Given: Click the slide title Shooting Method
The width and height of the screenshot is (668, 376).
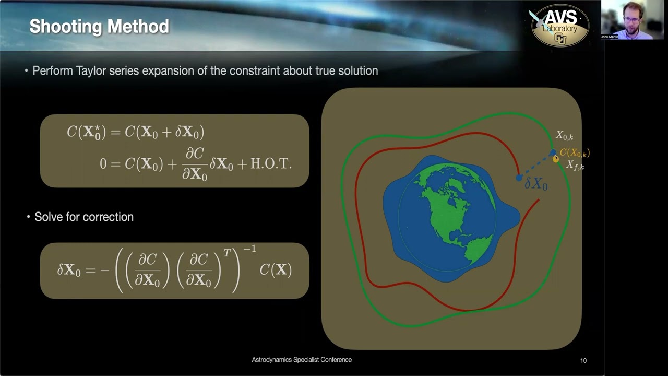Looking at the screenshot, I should click(99, 27).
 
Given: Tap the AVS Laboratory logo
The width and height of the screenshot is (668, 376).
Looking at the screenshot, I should click(560, 26).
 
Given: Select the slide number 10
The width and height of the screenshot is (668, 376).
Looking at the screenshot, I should click(583, 360).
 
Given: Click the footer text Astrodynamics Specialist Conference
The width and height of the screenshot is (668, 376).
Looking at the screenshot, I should click(302, 360).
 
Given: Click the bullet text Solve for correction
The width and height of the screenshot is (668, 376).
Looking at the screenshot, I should click(83, 217).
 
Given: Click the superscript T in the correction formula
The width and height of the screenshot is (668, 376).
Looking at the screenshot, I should click(227, 253).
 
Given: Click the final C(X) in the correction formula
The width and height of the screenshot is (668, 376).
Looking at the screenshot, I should click(275, 270).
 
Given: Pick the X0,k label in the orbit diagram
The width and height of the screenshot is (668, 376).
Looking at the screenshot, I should click(564, 136).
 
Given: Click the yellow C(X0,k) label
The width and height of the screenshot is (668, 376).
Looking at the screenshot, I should click(575, 153).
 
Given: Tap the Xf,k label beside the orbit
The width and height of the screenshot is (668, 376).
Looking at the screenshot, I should click(575, 166).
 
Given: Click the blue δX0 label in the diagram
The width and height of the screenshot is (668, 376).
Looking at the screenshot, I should click(536, 183).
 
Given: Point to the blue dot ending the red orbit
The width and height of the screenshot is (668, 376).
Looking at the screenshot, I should click(519, 178).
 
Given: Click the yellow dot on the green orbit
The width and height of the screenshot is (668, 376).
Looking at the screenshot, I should click(556, 159).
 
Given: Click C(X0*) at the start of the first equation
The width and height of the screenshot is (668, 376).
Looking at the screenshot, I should click(86, 132).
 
